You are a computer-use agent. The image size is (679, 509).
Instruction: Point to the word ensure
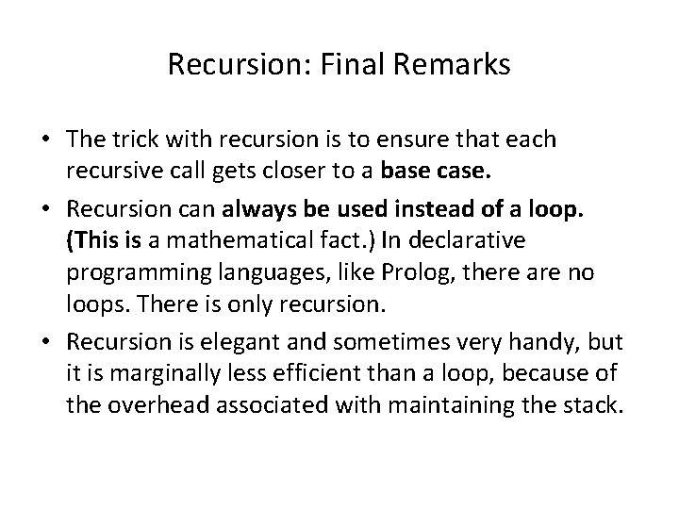tap(410, 140)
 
